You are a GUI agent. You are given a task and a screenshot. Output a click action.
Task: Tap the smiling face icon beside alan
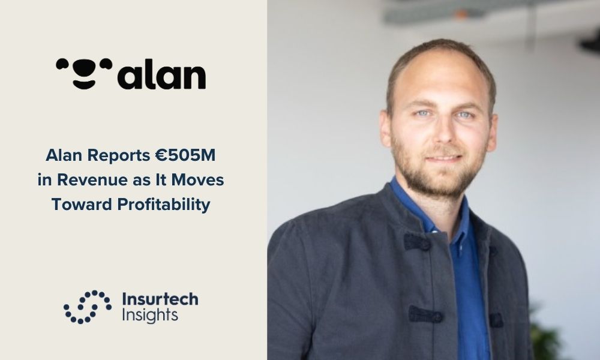pos(84,73)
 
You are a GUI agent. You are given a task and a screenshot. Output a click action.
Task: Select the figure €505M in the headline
pos(185,155)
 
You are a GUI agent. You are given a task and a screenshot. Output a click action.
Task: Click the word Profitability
pos(164,204)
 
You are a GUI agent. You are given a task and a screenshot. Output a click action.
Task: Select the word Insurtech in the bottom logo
pos(160,299)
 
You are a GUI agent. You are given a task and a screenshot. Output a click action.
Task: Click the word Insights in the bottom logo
pos(150,316)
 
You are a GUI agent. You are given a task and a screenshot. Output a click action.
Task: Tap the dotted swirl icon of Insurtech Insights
pos(88,307)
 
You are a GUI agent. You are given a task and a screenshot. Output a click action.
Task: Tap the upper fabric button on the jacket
pos(417,242)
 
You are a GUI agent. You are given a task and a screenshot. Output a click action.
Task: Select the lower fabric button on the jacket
pos(425,315)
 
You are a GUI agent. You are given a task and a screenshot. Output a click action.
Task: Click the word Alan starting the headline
pos(64,155)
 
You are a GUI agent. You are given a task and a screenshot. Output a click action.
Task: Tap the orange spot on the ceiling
pos(461,14)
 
